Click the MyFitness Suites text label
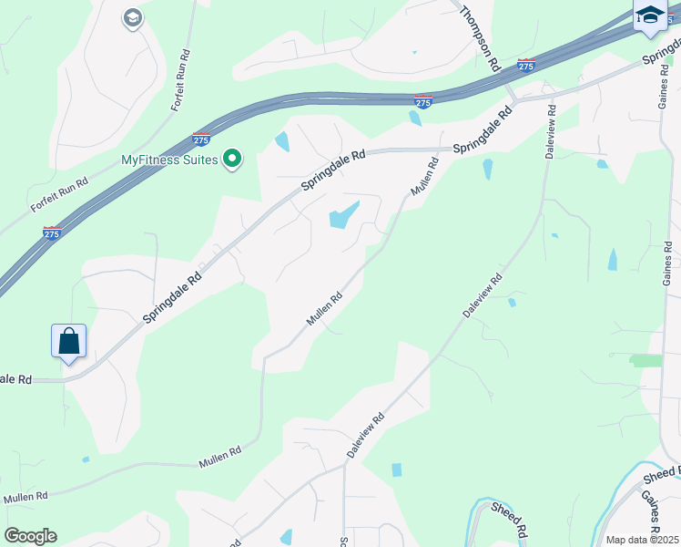169,160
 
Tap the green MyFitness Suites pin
232,160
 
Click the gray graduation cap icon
133,18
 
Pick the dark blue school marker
650,16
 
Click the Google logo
30,536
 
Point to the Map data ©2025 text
643,540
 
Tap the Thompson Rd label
480,38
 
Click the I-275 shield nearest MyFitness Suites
201,139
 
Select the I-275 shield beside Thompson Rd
526,65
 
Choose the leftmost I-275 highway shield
52,233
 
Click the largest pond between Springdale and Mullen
341,216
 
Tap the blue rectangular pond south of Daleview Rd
396,470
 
